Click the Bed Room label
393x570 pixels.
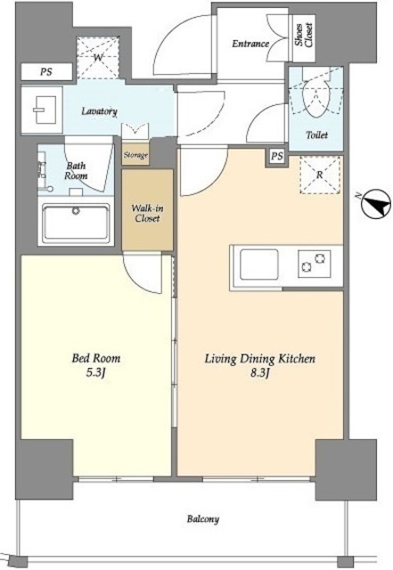pos(96,358)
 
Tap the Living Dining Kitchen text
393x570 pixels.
pos(260,359)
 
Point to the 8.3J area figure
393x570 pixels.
pos(259,373)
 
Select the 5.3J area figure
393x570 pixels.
pos(96,373)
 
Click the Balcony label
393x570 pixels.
pos(203,518)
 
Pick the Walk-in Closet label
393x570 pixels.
pos(147,214)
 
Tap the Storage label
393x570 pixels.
pos(135,155)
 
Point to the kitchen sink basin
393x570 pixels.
pos(258,264)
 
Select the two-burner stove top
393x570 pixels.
pos(314,264)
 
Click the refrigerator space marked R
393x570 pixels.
pos(320,175)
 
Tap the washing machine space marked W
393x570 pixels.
pos(98,57)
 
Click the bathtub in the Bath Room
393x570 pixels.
pos(76,224)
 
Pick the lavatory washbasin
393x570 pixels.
pos(44,110)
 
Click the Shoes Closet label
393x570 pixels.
pos(304,35)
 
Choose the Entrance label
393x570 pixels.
pos(250,44)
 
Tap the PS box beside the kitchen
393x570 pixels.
pos(277,157)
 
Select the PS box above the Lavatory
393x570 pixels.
pos(46,71)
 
